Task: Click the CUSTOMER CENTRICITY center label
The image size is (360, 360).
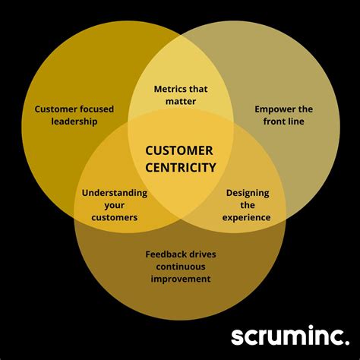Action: pyautogui.click(x=180, y=159)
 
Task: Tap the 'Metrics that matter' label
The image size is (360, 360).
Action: pyautogui.click(x=180, y=94)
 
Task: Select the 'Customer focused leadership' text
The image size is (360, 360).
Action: pyautogui.click(x=74, y=115)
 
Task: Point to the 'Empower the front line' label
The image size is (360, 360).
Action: pyautogui.click(x=283, y=115)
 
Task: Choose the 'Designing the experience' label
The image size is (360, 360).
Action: pyautogui.click(x=247, y=205)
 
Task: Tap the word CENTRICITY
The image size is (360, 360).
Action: pyautogui.click(x=180, y=168)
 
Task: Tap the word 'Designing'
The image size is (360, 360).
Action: pyautogui.click(x=248, y=193)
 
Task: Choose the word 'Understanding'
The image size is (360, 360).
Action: pyautogui.click(x=115, y=193)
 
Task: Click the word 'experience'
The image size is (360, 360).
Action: pyautogui.click(x=247, y=218)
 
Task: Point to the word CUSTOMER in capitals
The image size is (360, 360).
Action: pyautogui.click(x=180, y=150)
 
